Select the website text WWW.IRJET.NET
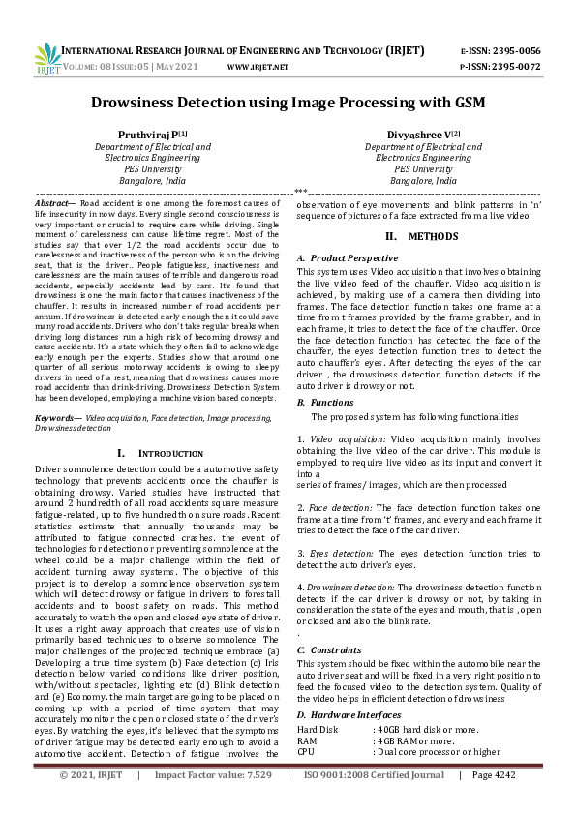(x=258, y=68)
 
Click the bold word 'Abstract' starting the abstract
(x=52, y=205)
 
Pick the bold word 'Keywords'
(x=56, y=417)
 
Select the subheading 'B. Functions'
(x=325, y=401)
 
